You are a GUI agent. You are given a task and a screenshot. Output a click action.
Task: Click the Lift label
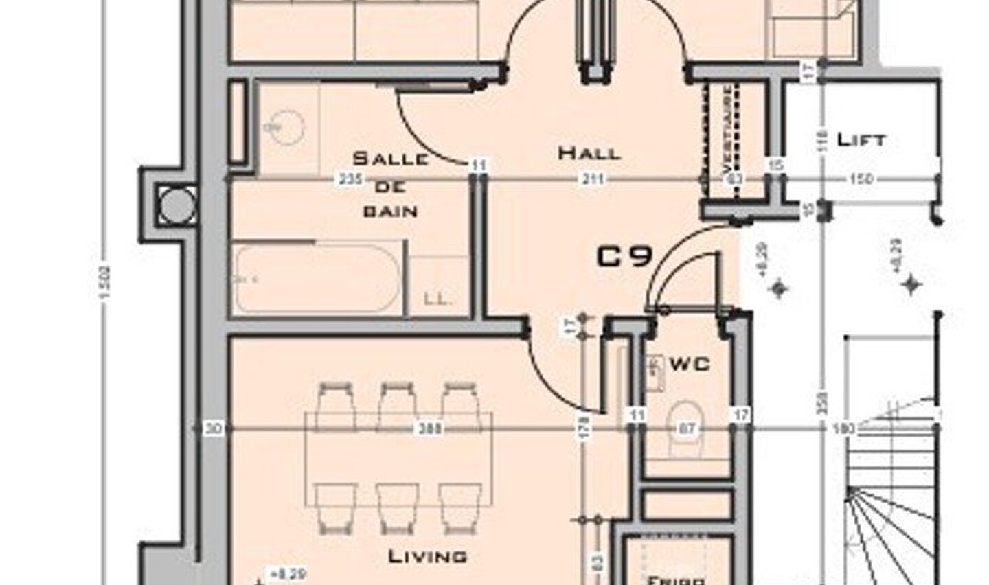(861, 139)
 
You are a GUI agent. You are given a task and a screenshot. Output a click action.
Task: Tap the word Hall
(589, 152)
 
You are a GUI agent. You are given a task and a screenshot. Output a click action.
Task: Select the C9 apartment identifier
(624, 256)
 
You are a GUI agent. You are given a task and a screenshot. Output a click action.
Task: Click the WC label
(690, 363)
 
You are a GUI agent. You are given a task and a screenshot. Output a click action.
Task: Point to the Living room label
(428, 555)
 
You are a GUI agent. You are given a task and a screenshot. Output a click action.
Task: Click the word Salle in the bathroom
(390, 159)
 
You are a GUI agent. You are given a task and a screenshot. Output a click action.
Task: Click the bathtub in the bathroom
(316, 278)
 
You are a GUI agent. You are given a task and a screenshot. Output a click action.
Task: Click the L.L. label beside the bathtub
(437, 299)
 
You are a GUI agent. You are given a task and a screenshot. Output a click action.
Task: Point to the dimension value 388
(431, 428)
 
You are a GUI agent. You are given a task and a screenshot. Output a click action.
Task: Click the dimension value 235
(350, 179)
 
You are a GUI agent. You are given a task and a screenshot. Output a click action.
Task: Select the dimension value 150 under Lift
(861, 179)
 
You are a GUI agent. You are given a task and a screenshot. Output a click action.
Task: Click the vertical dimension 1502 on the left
(104, 282)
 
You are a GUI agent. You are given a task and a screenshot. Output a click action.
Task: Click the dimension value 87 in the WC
(687, 428)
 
